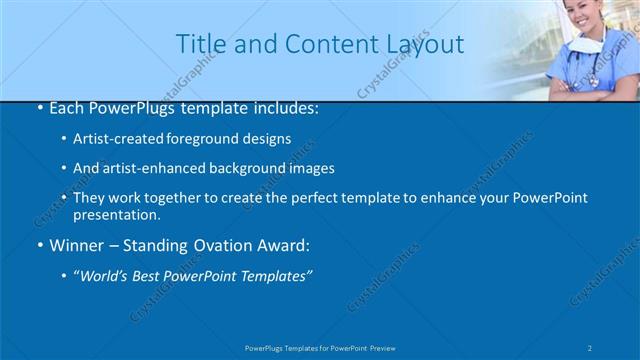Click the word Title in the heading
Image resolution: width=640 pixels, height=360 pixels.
[199, 45]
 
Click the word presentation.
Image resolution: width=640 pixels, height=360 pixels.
[116, 214]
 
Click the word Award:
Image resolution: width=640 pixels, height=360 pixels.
[286, 245]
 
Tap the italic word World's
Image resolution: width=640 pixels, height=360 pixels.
[104, 276]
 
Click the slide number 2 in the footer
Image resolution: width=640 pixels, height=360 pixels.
[590, 347]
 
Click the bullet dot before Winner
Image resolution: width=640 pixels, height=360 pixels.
[39, 245]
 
